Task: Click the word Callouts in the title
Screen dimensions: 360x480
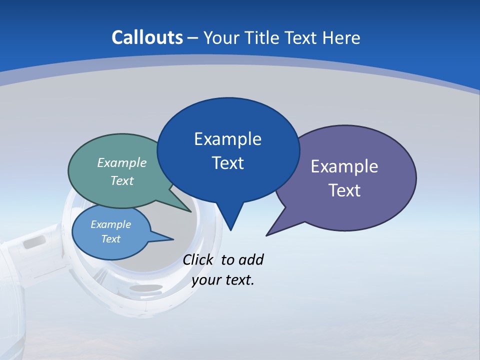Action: point(147,37)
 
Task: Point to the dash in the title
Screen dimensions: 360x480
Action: point(193,38)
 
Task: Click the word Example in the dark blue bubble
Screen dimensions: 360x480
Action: point(228,139)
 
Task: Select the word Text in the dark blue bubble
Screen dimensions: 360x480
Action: point(228,163)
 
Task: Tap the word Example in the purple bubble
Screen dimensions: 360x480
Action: point(344,166)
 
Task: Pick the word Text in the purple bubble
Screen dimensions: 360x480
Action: point(344,190)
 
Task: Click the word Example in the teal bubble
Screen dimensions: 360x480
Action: point(122,163)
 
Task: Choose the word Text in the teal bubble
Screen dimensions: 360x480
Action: point(122,181)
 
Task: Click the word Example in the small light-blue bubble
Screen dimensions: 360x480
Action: point(111,224)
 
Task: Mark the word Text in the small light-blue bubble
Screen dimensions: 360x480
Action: point(111,239)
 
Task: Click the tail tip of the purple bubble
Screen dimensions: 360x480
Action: point(267,235)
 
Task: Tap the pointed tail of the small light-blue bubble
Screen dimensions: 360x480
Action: point(172,239)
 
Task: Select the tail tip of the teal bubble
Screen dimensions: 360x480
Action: point(191,211)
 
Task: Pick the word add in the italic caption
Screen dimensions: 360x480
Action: point(250,260)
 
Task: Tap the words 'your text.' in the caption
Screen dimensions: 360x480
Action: point(223,280)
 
